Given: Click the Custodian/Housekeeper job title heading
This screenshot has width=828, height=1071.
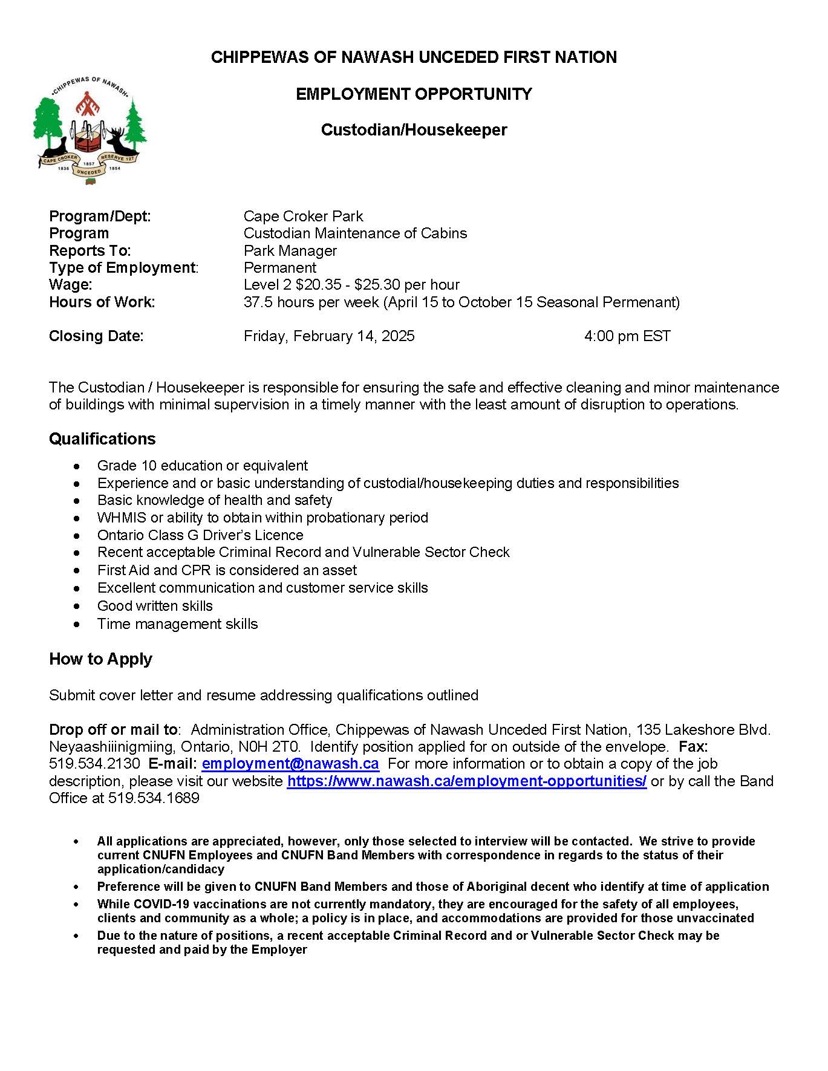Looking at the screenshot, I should click(414, 130).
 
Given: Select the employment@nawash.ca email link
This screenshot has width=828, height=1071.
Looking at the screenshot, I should click(290, 764).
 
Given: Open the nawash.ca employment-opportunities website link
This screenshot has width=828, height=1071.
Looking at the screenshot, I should click(466, 781).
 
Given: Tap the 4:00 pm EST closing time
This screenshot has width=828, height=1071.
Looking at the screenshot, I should click(627, 336).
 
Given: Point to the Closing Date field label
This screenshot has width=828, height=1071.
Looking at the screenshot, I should click(96, 336).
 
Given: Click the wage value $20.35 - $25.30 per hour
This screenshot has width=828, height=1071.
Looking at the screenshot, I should click(351, 285).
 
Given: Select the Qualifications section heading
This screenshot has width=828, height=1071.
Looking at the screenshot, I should click(102, 439).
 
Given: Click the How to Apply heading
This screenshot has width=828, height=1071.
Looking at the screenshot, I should click(100, 659).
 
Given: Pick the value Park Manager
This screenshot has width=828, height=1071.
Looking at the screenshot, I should click(290, 251).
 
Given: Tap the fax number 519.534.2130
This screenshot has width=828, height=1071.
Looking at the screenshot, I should click(94, 764).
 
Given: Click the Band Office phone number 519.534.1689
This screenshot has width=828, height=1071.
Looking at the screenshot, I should click(154, 798).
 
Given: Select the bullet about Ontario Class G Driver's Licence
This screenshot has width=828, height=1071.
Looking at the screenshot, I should click(200, 535).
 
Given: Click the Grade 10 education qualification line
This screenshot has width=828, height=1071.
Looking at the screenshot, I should click(203, 466).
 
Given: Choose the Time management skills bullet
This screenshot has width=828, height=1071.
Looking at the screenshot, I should click(178, 624).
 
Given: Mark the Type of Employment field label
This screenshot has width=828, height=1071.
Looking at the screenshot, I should click(123, 268).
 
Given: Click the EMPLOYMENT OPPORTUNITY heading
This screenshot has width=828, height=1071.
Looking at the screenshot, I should click(414, 94).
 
